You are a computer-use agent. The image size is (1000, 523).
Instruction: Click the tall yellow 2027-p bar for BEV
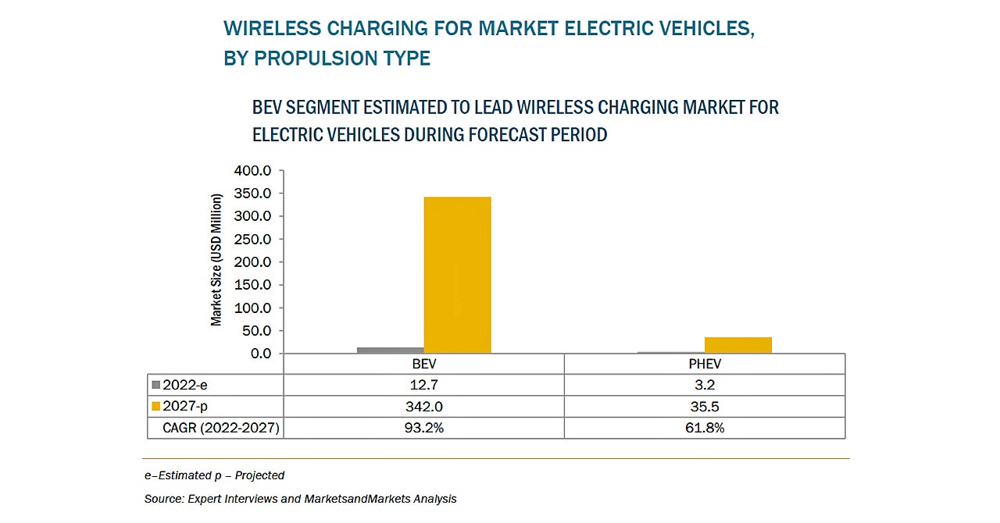point(457,275)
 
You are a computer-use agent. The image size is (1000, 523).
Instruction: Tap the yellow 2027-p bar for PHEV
point(737,345)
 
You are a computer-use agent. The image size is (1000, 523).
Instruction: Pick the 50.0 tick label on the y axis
point(259,331)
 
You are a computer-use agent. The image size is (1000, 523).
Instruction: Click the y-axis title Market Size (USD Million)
point(216,259)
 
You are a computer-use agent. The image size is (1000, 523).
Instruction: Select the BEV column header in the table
point(423,364)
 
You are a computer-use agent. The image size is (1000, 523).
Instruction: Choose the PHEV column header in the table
point(704,364)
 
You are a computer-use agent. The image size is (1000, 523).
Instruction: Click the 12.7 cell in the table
point(423,385)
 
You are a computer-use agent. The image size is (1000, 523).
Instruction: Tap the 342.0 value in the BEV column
point(423,406)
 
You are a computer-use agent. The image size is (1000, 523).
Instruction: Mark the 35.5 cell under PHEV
point(704,406)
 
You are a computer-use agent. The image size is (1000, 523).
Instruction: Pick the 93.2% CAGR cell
point(423,428)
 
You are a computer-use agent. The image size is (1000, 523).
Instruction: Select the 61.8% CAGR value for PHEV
point(704,428)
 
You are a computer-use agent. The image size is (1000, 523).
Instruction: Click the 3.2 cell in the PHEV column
point(704,385)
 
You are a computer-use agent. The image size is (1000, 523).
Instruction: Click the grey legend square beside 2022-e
point(155,385)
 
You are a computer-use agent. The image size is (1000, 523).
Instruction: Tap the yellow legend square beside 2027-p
point(155,406)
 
